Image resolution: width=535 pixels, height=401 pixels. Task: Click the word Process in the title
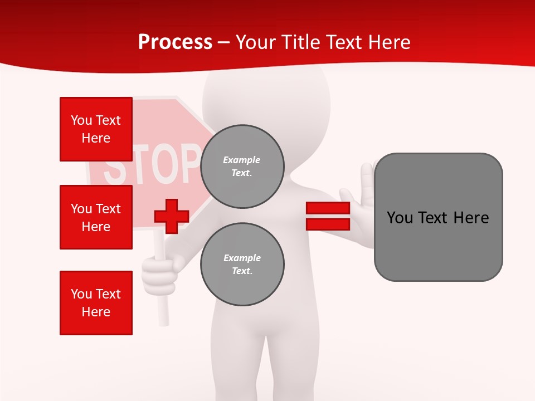coord(175,42)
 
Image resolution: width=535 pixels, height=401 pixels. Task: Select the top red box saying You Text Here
coord(96,129)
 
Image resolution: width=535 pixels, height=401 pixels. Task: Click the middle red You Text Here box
coord(96,217)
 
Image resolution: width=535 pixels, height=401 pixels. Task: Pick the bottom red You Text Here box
coord(96,302)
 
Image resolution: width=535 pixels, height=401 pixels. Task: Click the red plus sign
coord(172,216)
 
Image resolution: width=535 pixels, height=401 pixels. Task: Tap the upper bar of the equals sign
coord(328,208)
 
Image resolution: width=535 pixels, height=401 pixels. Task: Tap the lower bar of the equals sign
coord(328,224)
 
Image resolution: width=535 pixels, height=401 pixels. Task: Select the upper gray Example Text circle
coord(242,167)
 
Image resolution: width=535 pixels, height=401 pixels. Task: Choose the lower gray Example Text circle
coord(242,265)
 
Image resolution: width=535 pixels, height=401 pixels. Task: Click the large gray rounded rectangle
coord(438,217)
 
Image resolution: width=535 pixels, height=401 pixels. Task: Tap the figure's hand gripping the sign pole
coord(160,271)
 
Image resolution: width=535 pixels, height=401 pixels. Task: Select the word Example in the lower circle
coord(242,258)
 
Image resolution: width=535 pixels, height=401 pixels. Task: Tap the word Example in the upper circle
coord(242,160)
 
